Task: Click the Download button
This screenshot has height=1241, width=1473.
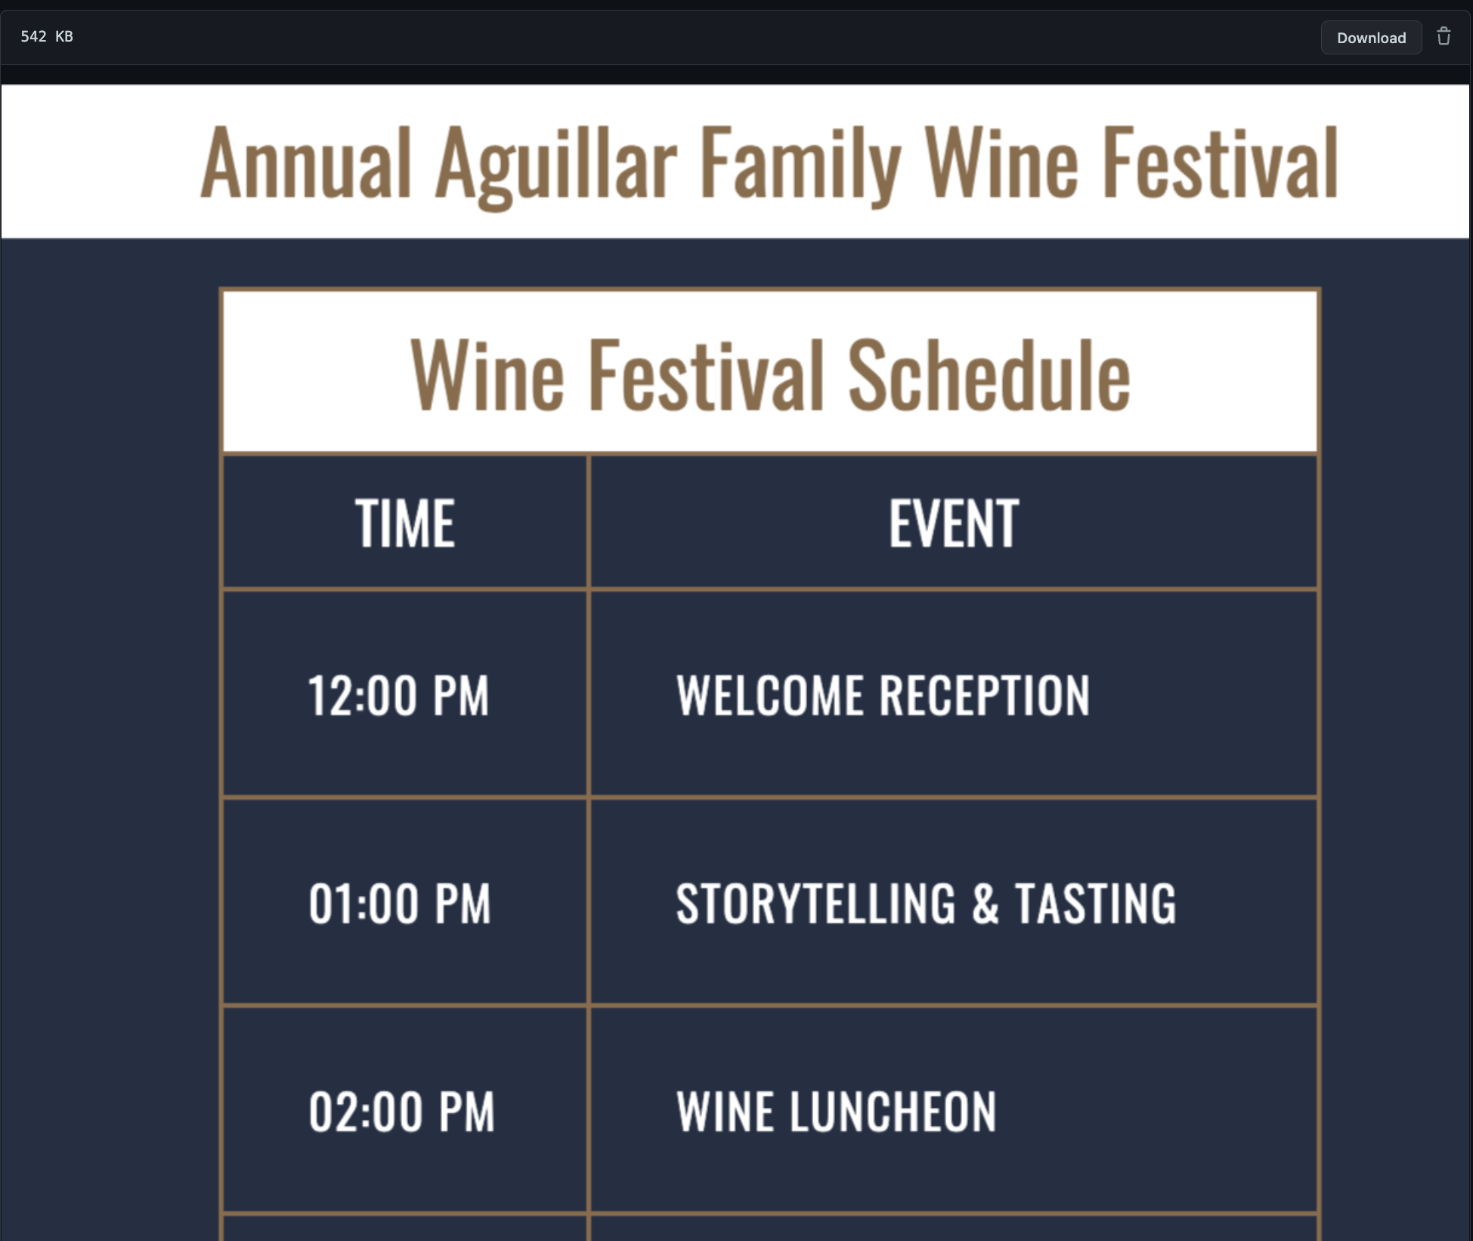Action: pyautogui.click(x=1371, y=38)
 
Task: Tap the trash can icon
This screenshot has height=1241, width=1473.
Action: pyautogui.click(x=1444, y=37)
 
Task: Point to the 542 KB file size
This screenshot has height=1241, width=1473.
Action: pyautogui.click(x=47, y=36)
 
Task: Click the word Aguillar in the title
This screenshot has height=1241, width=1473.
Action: pyautogui.click(x=555, y=165)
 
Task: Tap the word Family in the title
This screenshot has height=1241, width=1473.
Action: pyautogui.click(x=800, y=165)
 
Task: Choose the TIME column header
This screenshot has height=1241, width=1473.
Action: pyautogui.click(x=405, y=523)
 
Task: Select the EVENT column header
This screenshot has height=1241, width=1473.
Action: pyautogui.click(x=954, y=523)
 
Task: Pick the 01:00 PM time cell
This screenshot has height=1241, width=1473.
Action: pyautogui.click(x=400, y=904)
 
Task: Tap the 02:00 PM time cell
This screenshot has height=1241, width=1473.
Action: pyautogui.click(x=401, y=1112)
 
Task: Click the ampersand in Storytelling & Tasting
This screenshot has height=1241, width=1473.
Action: pyautogui.click(x=985, y=904)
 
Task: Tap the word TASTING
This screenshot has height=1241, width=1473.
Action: pyautogui.click(x=1095, y=904)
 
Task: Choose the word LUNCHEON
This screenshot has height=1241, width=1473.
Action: pyautogui.click(x=893, y=1112)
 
